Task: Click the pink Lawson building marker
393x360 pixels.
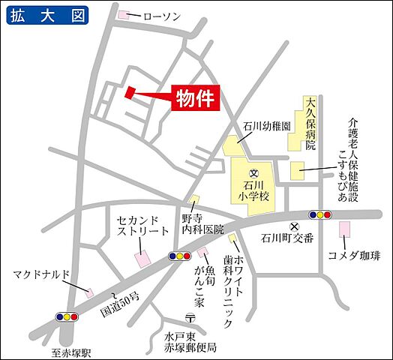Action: click(124, 15)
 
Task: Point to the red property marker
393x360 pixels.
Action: click(130, 92)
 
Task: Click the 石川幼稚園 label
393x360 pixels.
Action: click(266, 126)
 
